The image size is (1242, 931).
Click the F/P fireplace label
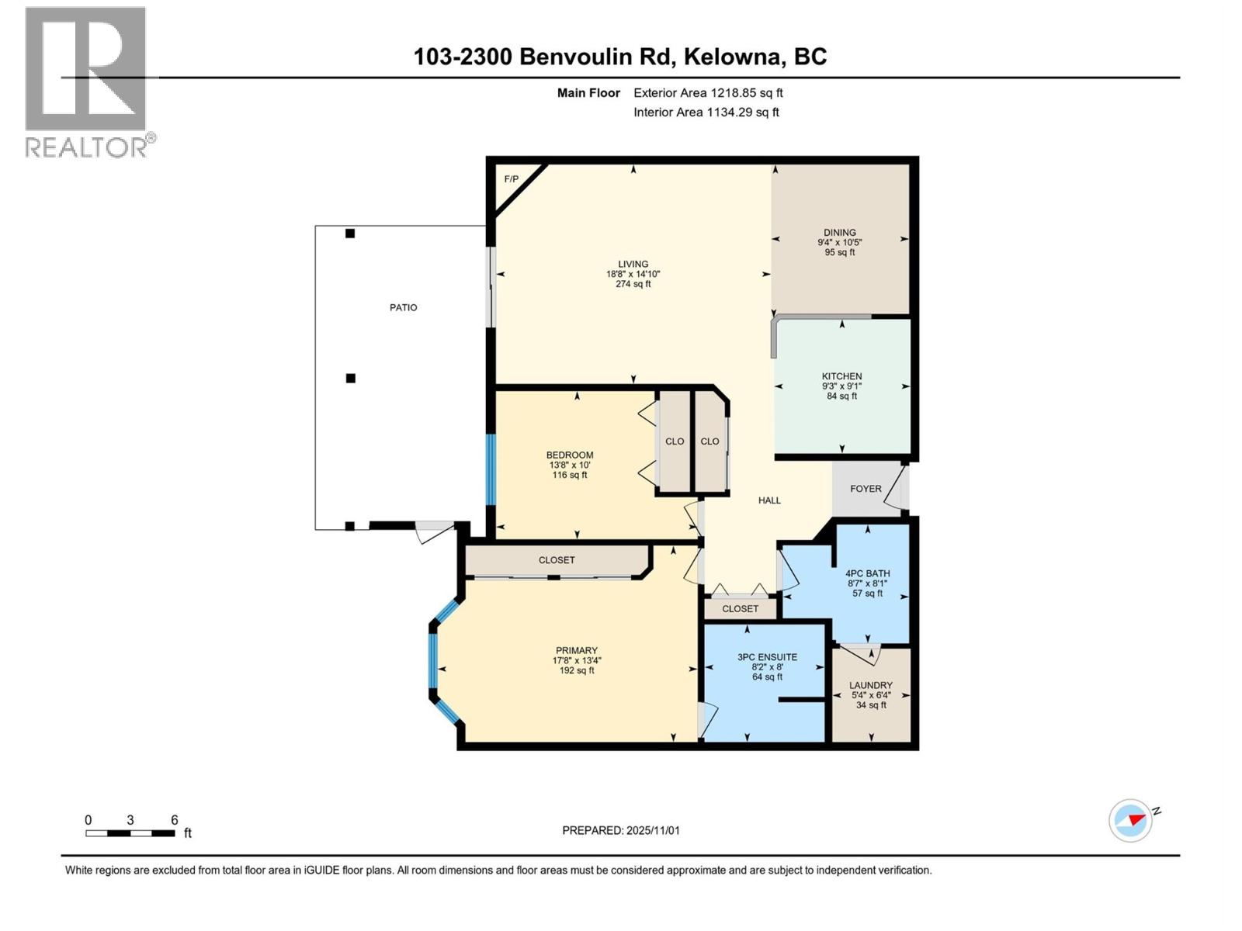[x=511, y=179]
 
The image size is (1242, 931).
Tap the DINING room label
[x=839, y=232]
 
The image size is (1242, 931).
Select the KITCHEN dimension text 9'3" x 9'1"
[x=841, y=386]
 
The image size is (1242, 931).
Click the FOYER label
[x=866, y=489]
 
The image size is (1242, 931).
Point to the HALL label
[x=769, y=500]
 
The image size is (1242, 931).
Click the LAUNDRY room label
[x=870, y=685]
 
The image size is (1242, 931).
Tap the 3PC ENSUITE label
[x=767, y=657]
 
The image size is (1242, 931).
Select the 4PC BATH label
[x=867, y=573]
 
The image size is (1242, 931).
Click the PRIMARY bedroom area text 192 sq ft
[x=577, y=671]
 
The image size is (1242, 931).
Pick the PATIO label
[x=403, y=307]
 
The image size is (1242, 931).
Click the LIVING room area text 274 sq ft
[x=633, y=284]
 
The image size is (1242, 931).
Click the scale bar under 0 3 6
[x=130, y=833]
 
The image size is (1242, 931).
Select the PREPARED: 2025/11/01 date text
[x=620, y=830]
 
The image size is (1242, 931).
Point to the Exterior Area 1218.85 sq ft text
[x=707, y=93]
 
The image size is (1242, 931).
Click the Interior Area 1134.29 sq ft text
[x=706, y=112]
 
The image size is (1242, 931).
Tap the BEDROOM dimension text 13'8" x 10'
[x=569, y=465]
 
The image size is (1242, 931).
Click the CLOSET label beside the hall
[x=740, y=609]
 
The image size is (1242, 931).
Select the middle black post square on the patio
[x=351, y=379]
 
